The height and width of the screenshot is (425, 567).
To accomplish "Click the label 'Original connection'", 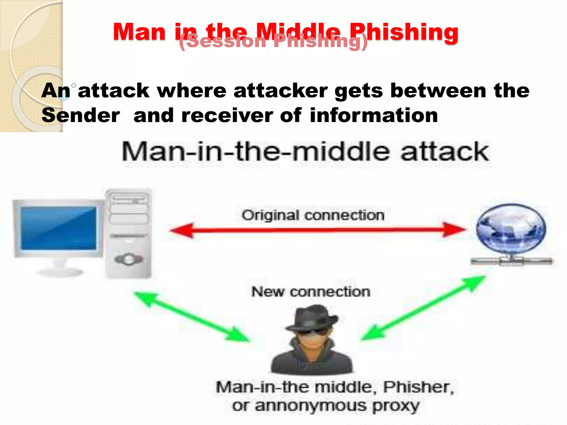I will (313, 215).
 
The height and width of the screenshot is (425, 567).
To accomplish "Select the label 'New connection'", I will (311, 292).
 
